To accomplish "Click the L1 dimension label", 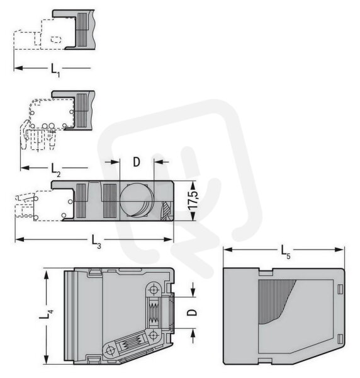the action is [55, 70].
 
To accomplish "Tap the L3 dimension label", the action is [96, 241].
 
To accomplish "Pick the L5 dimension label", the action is [286, 252].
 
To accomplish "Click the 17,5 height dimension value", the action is [193, 200].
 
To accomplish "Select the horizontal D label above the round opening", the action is [137, 162].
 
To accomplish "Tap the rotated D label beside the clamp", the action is [192, 312].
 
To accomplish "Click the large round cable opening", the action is [136, 200].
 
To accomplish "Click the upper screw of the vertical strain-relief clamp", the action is [154, 290].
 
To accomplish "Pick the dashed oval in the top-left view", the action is [56, 40].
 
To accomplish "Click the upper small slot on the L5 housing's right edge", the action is [340, 289].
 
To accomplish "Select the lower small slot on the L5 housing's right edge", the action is [340, 339].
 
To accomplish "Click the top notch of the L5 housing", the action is [266, 272].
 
